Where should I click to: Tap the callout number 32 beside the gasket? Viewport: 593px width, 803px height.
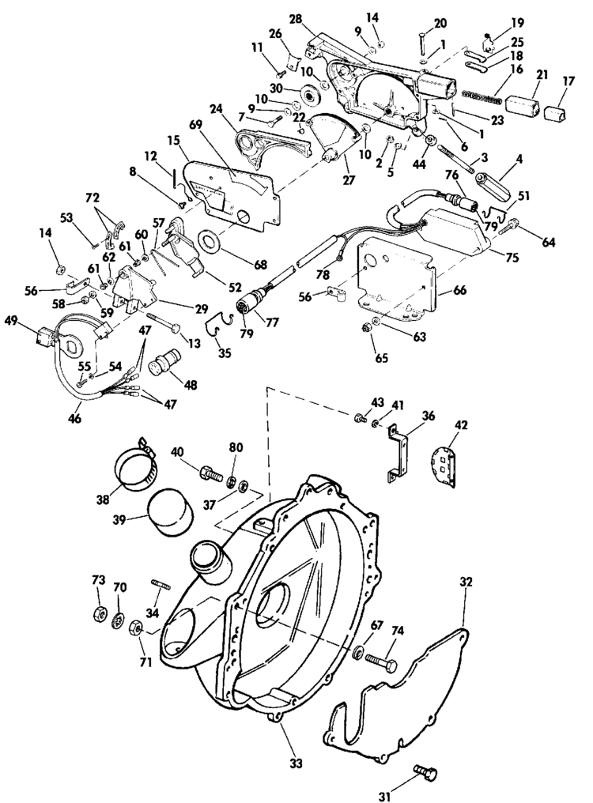click(x=466, y=582)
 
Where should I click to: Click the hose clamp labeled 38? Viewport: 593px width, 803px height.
click(x=145, y=466)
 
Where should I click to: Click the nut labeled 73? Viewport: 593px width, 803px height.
click(x=99, y=614)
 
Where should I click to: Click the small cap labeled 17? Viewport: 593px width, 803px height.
click(x=559, y=111)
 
